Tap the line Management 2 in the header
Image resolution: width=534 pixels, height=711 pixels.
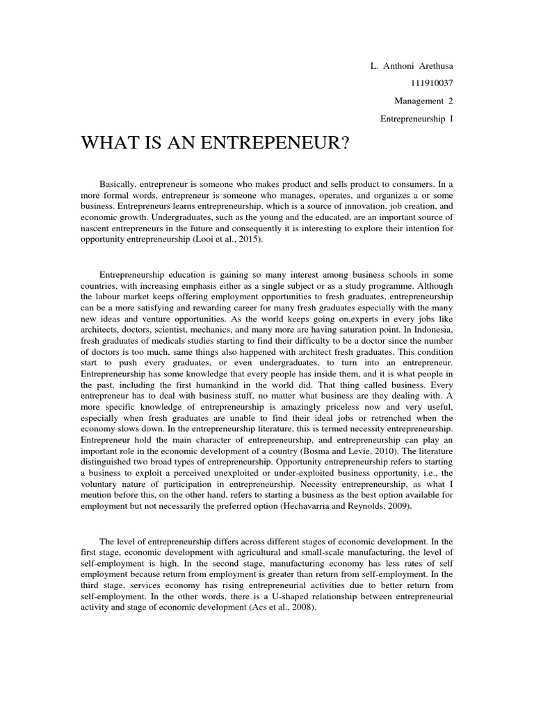(422, 101)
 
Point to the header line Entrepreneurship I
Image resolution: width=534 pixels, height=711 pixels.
(416, 119)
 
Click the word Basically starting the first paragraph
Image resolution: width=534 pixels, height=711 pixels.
(120, 185)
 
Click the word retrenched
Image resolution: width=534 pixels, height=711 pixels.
(391, 418)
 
